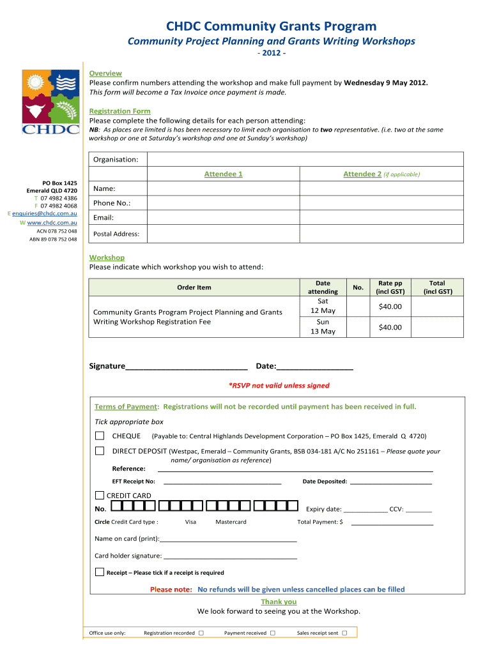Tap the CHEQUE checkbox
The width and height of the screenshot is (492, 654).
point(100,436)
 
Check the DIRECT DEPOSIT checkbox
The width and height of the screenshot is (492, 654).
point(100,451)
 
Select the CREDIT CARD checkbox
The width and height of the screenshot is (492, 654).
point(100,496)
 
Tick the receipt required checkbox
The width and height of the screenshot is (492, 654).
point(100,572)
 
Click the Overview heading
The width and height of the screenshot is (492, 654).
point(105,73)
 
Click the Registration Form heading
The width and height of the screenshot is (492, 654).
point(119,111)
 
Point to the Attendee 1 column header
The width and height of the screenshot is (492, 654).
point(223,174)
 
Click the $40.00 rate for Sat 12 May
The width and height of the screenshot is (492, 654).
point(390,307)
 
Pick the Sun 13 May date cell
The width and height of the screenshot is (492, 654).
point(323,327)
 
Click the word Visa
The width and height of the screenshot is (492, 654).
point(190,522)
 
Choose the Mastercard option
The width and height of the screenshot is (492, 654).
point(231,522)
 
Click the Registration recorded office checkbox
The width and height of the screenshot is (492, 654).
point(201,634)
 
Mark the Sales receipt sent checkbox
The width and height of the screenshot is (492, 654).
point(344,634)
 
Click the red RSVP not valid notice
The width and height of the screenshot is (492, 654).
point(279,386)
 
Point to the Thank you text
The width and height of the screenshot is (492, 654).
point(279,602)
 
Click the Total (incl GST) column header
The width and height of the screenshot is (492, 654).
point(437,287)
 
